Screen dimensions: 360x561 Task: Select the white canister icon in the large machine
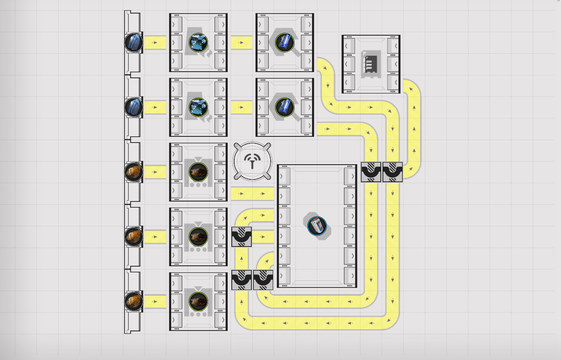click(x=317, y=226)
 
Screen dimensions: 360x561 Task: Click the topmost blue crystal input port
click(x=134, y=42)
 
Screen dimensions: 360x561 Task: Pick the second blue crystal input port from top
click(x=134, y=107)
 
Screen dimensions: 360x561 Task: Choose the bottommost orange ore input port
click(x=134, y=301)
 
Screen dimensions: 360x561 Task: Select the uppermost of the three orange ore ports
click(x=134, y=172)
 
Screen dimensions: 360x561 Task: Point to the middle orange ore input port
click(x=134, y=236)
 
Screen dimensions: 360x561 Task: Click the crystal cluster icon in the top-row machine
click(x=199, y=42)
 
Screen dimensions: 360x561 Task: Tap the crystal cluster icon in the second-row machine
click(x=199, y=107)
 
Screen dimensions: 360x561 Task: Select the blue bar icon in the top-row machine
click(x=285, y=42)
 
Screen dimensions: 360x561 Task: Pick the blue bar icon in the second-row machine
click(x=285, y=107)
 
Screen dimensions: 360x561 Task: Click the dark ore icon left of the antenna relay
click(x=199, y=172)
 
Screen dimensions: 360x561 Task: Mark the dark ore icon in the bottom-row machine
click(x=199, y=301)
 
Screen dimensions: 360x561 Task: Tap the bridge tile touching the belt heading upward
click(x=393, y=172)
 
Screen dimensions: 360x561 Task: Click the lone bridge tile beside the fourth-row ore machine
click(x=242, y=237)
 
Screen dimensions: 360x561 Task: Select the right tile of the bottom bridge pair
click(x=263, y=280)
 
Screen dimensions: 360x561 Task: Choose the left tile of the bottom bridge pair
click(x=242, y=280)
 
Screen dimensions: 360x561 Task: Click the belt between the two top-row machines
click(x=241, y=42)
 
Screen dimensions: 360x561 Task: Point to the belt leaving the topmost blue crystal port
click(x=155, y=42)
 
